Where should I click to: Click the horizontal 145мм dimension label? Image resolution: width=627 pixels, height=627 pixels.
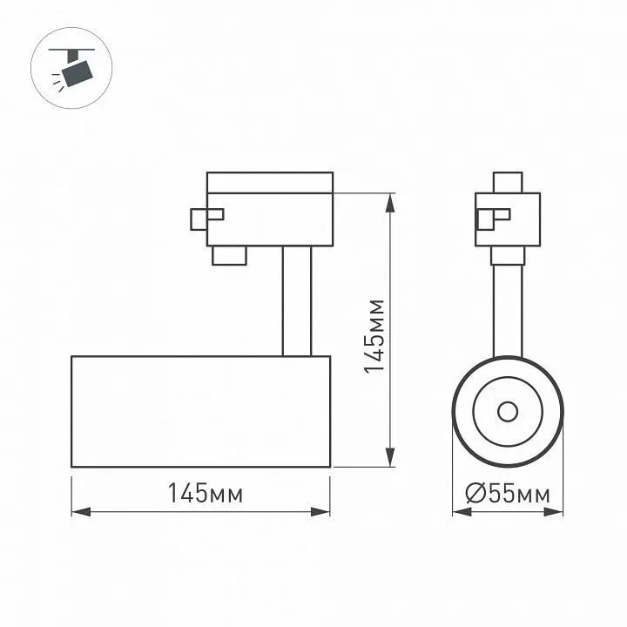click(206, 493)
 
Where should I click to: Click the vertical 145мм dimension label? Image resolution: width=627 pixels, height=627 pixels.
click(374, 336)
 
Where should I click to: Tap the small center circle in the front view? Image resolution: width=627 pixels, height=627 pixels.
click(508, 412)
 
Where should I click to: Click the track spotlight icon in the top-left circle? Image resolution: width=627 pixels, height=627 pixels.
click(72, 68)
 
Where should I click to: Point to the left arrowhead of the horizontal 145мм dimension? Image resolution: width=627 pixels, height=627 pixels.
click(81, 511)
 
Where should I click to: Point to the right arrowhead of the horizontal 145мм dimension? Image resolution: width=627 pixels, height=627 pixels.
click(320, 511)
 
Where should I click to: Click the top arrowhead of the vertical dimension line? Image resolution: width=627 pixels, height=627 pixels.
click(390, 203)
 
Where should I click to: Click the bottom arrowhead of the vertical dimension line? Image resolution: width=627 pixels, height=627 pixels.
click(390, 457)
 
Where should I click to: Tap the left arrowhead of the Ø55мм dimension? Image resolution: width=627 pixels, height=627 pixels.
click(462, 511)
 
